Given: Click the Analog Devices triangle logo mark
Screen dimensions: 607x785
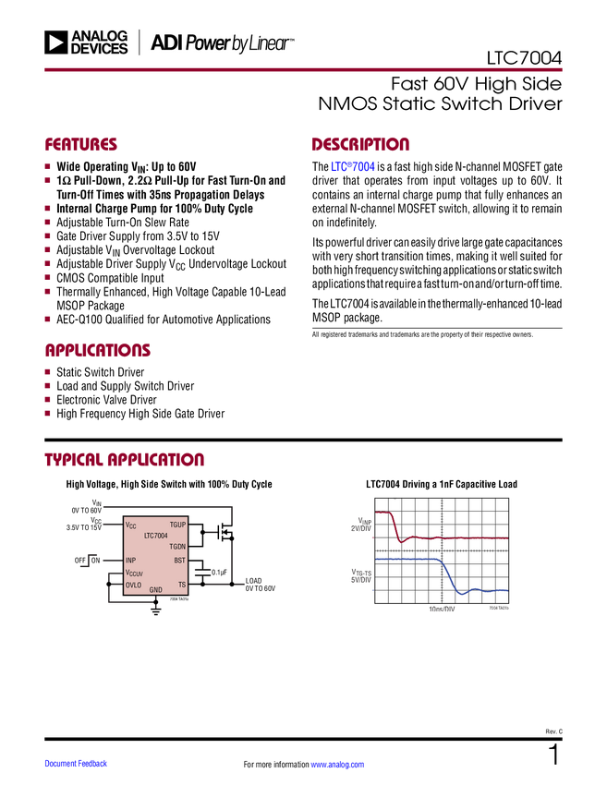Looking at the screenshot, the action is (x=57, y=42).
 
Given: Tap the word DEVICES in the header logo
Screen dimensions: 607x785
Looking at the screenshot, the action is (x=99, y=49).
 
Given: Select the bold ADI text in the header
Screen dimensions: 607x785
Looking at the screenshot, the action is (x=166, y=42).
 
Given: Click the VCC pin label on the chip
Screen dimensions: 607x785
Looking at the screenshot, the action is (x=130, y=525).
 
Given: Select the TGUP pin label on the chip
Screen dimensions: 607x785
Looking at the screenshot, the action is (x=177, y=525).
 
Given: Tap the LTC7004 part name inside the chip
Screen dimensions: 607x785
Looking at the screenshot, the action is (x=156, y=536).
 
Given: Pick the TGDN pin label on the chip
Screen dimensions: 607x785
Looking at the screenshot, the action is (x=177, y=547).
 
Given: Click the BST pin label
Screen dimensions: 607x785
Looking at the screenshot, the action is (x=179, y=561).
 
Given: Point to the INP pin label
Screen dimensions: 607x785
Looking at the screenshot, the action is (x=130, y=561).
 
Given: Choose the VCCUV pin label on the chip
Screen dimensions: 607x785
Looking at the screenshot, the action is (x=134, y=574).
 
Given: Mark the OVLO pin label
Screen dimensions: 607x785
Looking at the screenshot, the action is (x=134, y=585).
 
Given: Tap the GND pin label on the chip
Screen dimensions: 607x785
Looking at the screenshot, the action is (x=156, y=589).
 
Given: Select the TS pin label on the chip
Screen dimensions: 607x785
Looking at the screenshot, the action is (x=181, y=585).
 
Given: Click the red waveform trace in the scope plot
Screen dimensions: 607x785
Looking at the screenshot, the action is (x=462, y=537).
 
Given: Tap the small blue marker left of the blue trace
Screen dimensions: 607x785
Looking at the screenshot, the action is (x=371, y=589).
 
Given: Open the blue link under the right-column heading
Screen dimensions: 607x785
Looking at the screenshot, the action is (x=353, y=168).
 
